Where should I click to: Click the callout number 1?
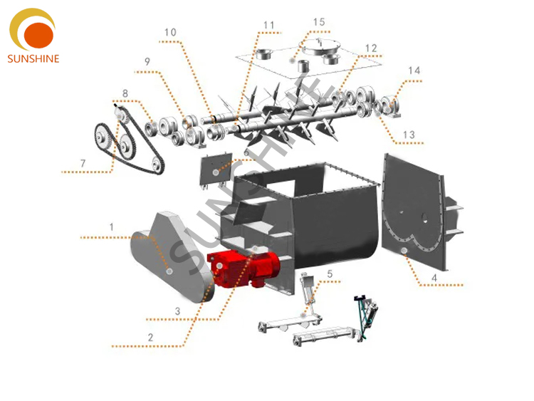point(112,226)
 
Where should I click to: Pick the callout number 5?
point(330,273)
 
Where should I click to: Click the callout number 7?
point(83,163)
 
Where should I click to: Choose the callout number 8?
point(125,93)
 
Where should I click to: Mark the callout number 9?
point(147,62)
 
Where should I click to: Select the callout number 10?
point(170,32)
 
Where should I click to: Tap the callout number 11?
point(268,25)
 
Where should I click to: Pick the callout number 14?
point(414,71)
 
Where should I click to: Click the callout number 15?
point(319,22)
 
